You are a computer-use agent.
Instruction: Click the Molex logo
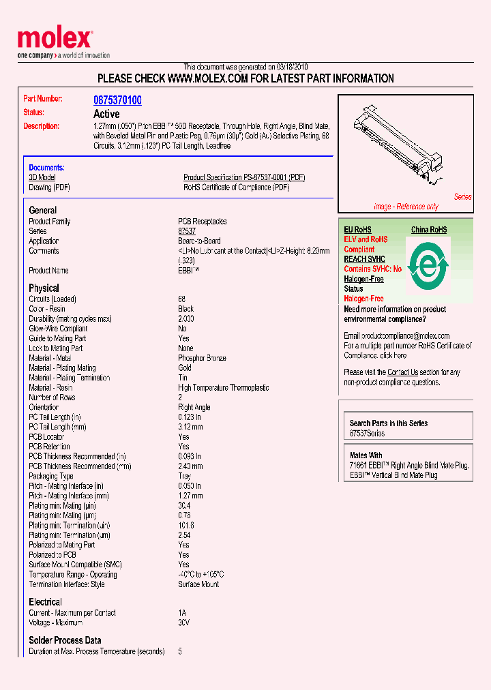55,41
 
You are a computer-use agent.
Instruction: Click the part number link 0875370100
117,100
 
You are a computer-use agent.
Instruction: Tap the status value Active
106,114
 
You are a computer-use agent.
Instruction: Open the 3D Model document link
42,177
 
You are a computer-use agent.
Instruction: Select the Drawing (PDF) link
49,187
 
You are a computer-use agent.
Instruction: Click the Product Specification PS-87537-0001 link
244,177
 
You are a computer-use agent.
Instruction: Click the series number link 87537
187,232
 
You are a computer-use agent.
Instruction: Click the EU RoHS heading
357,230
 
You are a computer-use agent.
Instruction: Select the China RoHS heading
429,230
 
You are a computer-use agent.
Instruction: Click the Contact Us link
402,372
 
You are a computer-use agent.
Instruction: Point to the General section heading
43,211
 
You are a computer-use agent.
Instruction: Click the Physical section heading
44,288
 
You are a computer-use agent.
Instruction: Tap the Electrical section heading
45,602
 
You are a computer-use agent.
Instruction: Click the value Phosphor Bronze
202,358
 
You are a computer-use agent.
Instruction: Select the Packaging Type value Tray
185,476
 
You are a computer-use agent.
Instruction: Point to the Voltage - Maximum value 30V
184,622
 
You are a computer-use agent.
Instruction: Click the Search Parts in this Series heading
389,423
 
